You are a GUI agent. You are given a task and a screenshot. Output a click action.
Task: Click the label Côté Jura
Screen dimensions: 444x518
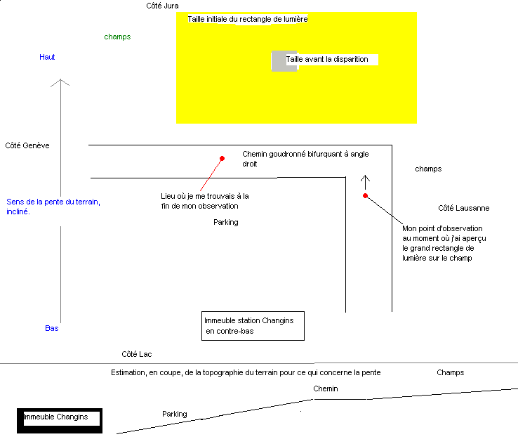(x=161, y=6)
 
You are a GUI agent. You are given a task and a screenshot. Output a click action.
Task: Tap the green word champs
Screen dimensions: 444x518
(x=117, y=37)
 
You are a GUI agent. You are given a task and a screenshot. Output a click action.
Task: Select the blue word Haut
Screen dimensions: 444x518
(x=47, y=57)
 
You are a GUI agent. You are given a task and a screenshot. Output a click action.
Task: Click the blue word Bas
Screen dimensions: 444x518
(x=51, y=328)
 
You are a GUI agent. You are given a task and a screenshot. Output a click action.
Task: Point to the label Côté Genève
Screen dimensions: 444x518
(x=27, y=145)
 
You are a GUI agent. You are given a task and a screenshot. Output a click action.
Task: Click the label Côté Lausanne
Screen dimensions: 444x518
(x=463, y=208)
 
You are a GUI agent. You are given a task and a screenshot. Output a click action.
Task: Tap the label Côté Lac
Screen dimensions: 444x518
(x=136, y=354)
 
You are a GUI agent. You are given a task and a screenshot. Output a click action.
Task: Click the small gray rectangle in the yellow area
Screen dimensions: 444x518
(x=278, y=60)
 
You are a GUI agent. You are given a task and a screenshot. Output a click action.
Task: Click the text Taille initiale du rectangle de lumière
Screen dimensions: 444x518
(x=247, y=19)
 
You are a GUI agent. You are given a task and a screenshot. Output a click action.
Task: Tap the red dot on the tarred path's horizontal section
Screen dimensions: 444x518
(x=222, y=159)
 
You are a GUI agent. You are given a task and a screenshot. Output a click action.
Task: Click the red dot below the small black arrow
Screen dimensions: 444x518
(x=365, y=195)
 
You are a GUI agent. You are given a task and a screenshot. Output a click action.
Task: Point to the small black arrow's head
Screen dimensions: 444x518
(x=364, y=175)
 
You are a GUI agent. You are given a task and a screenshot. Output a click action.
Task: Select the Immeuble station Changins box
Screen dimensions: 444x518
(x=253, y=326)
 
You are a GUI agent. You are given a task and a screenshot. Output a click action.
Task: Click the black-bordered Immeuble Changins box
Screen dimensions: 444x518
(x=60, y=419)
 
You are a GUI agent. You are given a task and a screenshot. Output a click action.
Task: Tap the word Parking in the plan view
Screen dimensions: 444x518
(x=225, y=222)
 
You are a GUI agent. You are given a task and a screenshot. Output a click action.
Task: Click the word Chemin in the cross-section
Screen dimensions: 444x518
(x=325, y=388)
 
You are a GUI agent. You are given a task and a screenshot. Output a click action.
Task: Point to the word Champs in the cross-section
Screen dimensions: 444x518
(x=450, y=372)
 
